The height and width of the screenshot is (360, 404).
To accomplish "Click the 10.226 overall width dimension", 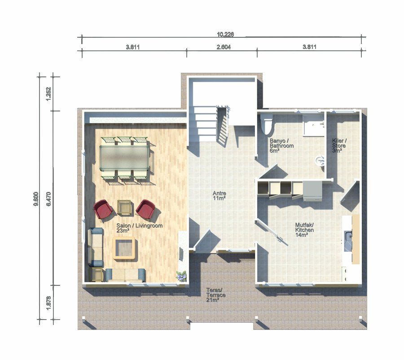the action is pos(225,34).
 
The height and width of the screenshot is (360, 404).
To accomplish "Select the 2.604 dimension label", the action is pos(224,47).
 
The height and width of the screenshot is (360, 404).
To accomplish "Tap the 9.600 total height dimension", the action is pos(36,199).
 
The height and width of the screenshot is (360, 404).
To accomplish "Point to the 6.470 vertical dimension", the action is pos(48,199).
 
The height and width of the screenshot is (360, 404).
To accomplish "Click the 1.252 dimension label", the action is pos(48,94).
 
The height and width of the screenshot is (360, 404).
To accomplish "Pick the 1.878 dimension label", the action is pos(48,302).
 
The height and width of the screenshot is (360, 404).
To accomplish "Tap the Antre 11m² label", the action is pos(220,196).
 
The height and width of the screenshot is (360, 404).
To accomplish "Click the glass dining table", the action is pos(125,157).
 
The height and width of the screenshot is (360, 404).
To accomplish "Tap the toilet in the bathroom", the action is pos(267,124).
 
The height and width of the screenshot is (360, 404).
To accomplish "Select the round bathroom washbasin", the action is pos(320,161).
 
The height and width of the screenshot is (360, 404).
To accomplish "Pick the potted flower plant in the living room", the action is pos(181,276).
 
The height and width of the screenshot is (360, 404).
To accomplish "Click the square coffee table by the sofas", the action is pos(124,248).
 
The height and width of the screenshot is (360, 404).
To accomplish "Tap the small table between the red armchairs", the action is pos(125,207).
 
